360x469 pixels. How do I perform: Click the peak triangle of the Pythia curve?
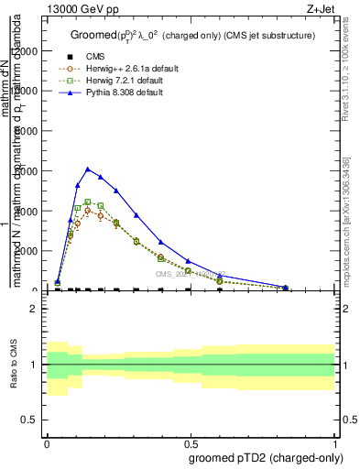click(87, 169)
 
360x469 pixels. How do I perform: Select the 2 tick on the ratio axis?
click(33, 310)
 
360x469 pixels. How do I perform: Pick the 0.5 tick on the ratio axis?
click(30, 420)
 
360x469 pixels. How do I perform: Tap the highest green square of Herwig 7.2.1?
click(87, 202)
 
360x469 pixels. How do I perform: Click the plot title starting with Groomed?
click(192, 35)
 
